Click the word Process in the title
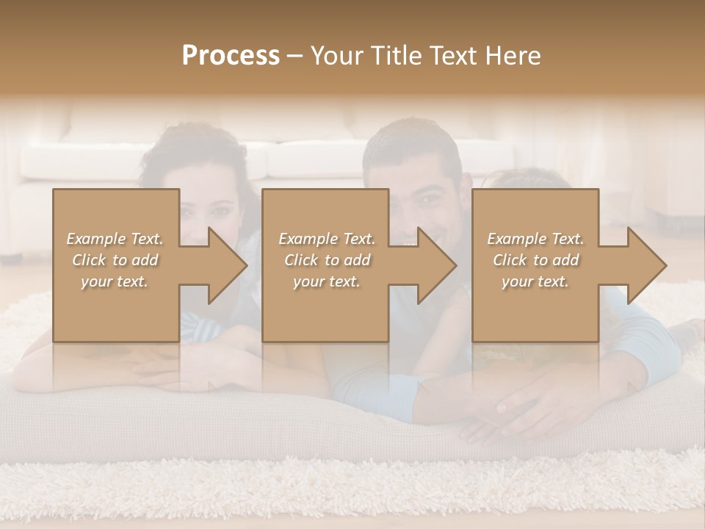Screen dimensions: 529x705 click(x=231, y=56)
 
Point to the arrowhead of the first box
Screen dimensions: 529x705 click(x=228, y=265)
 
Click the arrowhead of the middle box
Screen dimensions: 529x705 click(x=438, y=265)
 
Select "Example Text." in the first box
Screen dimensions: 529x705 click(x=115, y=238)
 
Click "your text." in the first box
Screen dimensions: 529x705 click(x=115, y=281)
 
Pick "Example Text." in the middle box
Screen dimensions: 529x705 click(x=326, y=238)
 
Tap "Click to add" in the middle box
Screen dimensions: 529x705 click(x=326, y=259)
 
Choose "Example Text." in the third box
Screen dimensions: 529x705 click(x=535, y=238)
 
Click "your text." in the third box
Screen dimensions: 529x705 click(x=535, y=281)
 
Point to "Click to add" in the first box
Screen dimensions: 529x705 click(x=115, y=259)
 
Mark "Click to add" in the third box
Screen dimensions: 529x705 click(x=535, y=259)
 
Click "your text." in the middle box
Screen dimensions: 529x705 click(x=326, y=281)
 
